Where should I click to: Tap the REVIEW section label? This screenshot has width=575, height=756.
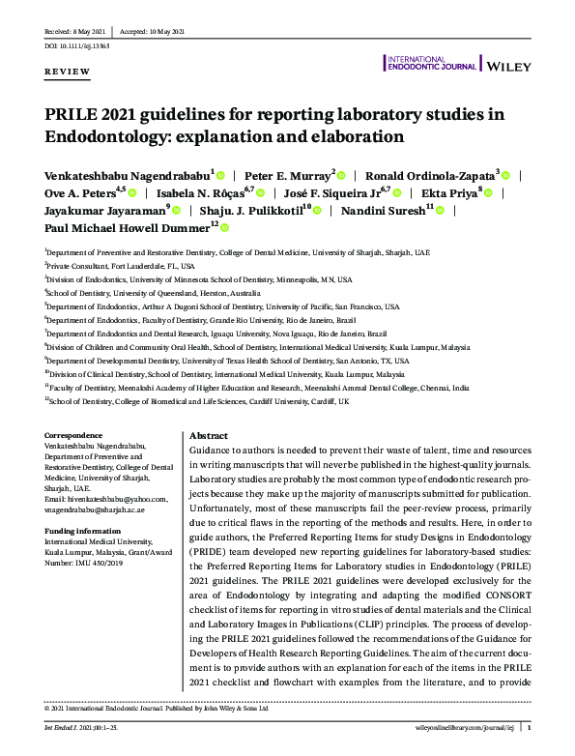click(68, 73)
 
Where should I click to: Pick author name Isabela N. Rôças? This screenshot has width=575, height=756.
click(209, 191)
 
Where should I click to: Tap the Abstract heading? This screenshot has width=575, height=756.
click(209, 436)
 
